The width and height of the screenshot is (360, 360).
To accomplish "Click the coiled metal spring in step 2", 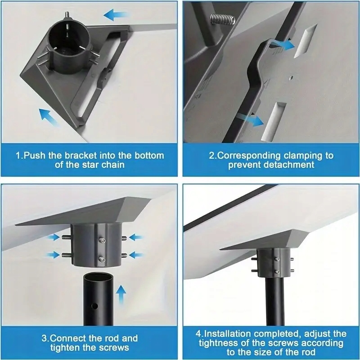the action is pos(223,18).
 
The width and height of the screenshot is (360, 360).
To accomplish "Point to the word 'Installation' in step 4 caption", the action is pos(227,333).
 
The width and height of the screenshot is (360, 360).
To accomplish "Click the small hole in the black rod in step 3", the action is pos(94,306).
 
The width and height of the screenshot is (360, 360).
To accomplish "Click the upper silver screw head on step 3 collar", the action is pos(103,241).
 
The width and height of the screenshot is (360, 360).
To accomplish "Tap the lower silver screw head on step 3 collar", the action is pos(102,260).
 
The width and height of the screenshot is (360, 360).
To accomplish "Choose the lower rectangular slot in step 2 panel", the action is pos(274,121).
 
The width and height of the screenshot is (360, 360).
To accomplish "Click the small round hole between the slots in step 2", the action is pos(292,78).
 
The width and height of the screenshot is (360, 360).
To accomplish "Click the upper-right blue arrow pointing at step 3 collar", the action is pos(136,238).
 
